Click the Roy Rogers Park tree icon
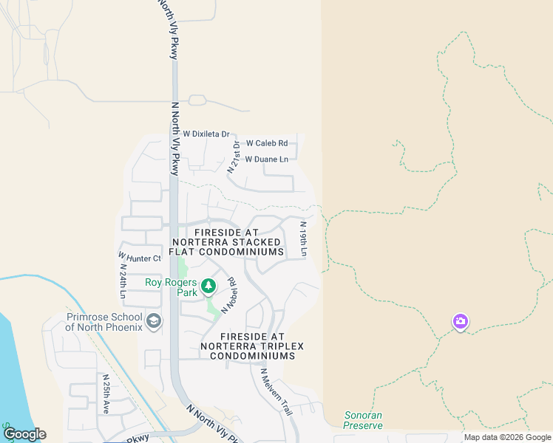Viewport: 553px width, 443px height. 208,285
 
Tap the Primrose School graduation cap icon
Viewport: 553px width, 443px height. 154,320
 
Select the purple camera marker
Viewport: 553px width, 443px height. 460,321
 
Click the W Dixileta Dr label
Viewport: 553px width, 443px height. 206,134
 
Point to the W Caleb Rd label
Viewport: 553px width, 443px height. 266,143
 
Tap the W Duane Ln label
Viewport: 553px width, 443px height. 266,159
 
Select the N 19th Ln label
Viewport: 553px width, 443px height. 303,239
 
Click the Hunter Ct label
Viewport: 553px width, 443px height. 144,258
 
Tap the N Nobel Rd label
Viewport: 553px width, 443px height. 226,294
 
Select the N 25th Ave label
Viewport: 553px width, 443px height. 106,393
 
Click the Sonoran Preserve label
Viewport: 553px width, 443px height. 363,420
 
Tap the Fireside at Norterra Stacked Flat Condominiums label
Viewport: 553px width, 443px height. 228,242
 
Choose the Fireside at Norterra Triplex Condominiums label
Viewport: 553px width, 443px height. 252,346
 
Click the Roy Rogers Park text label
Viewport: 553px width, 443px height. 172,287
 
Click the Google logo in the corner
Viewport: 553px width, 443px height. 24,434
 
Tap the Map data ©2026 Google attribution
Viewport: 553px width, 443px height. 507,437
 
